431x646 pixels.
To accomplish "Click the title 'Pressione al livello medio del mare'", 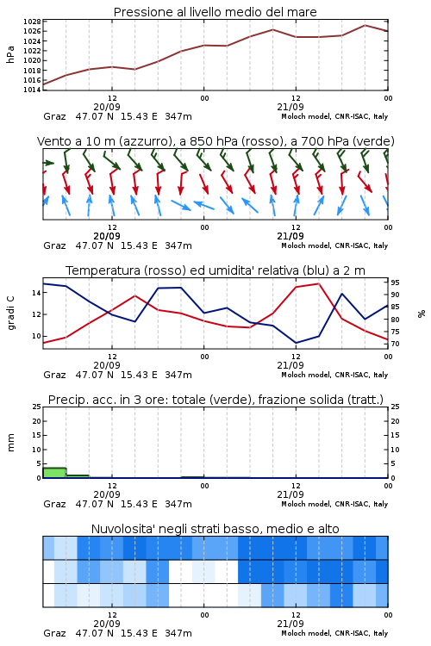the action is click(x=215, y=12).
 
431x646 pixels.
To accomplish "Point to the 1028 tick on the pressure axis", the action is click(x=32, y=22).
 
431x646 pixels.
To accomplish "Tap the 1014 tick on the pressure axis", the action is click(x=32, y=90).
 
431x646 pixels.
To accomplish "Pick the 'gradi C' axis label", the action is click(x=11, y=314).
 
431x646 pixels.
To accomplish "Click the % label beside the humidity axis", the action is click(x=422, y=314).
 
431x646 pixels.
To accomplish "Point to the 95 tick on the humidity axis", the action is click(x=395, y=283).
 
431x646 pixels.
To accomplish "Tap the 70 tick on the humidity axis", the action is click(x=395, y=344).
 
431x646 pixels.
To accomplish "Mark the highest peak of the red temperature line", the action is click(x=318, y=283).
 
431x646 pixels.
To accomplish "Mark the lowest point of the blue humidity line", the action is click(x=296, y=343).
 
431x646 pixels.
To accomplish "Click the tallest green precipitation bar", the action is click(x=54, y=473).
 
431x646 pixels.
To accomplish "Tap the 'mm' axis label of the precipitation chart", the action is click(x=10, y=443).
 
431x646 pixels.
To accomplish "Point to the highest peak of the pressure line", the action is click(x=365, y=25).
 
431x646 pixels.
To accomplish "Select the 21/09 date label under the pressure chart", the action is click(x=290, y=107).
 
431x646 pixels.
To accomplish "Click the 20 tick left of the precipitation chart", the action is click(x=37, y=421).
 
